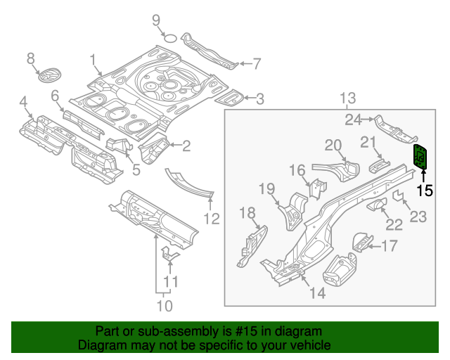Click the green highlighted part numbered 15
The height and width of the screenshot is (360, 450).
tap(422, 157)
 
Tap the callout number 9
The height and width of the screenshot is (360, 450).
tap(156, 20)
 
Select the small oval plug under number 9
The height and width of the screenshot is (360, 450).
tap(169, 37)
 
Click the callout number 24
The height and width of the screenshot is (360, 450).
tap(352, 120)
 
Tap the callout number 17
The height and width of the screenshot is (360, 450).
tap(390, 245)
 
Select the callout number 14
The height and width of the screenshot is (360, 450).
tap(318, 293)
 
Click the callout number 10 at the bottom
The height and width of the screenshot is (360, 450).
tap(164, 306)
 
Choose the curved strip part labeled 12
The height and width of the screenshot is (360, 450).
tap(188, 182)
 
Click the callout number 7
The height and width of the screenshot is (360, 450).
tap(256, 64)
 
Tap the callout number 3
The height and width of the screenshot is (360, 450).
tap(259, 99)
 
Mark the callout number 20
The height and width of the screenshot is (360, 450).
tap(333, 146)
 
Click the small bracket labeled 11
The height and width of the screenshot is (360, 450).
tap(169, 256)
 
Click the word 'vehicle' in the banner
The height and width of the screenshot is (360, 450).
tap(310, 345)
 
